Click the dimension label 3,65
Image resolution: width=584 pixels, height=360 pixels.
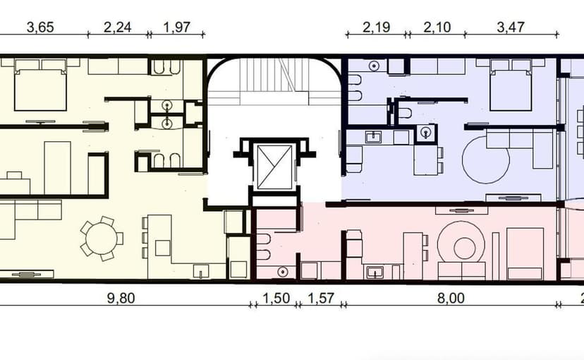click(x=40, y=28)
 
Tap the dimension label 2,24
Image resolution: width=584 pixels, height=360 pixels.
click(x=117, y=28)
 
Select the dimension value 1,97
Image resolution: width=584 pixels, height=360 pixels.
click(x=176, y=28)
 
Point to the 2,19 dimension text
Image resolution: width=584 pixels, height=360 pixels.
click(x=376, y=28)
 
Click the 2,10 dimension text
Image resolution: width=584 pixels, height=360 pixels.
click(x=437, y=28)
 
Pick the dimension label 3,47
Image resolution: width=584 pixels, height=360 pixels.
click(x=511, y=28)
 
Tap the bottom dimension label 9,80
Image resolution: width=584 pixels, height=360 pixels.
click(x=121, y=298)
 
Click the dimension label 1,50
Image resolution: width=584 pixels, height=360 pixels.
click(x=276, y=298)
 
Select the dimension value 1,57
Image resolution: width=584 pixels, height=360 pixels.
click(x=321, y=298)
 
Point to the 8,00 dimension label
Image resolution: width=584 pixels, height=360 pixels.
click(x=451, y=298)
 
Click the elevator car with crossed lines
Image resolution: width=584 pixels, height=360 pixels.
click(x=275, y=167)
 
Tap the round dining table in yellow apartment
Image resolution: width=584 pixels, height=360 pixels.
click(x=102, y=239)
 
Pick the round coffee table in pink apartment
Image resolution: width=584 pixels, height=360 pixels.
click(x=464, y=248)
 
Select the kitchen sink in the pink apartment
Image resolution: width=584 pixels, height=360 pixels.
click(x=375, y=272)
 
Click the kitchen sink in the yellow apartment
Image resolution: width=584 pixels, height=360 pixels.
click(x=201, y=271)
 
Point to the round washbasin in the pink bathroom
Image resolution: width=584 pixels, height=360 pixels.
click(x=283, y=272)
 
